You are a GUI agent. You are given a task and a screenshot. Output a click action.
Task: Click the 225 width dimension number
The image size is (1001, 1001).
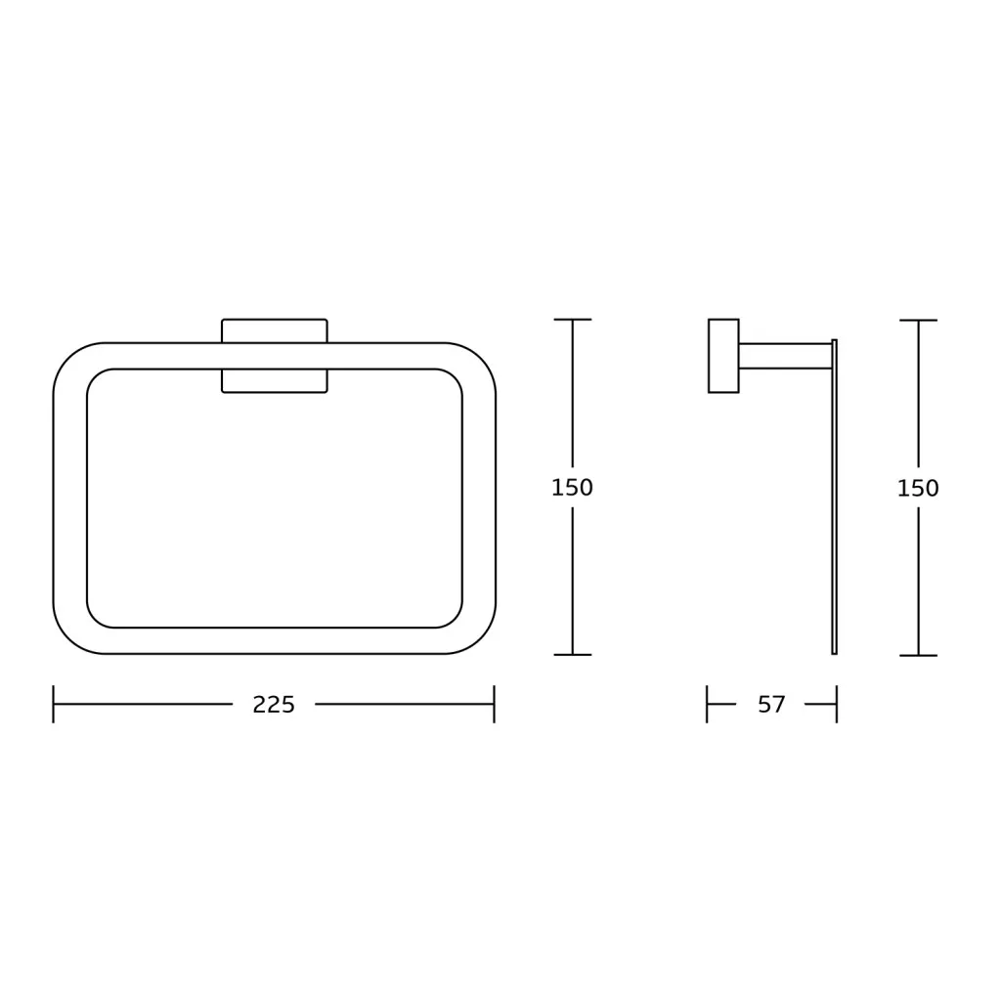(x=274, y=705)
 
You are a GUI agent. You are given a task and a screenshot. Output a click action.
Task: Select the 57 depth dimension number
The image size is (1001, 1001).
(x=771, y=705)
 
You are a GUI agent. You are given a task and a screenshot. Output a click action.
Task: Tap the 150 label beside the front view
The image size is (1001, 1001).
(x=572, y=488)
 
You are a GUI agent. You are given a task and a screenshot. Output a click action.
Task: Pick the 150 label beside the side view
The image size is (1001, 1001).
(x=918, y=489)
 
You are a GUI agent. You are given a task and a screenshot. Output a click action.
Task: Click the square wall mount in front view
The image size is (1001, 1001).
(x=275, y=356)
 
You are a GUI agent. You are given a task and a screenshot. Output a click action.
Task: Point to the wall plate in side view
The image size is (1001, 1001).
(x=723, y=356)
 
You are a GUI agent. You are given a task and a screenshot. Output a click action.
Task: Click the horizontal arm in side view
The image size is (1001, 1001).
(x=785, y=356)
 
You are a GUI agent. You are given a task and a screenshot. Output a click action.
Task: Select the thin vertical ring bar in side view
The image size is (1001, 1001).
(x=835, y=497)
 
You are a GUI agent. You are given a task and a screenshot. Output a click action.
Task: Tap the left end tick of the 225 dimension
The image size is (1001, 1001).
(x=53, y=704)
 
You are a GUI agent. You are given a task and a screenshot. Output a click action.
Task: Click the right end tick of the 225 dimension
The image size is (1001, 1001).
(x=494, y=704)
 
